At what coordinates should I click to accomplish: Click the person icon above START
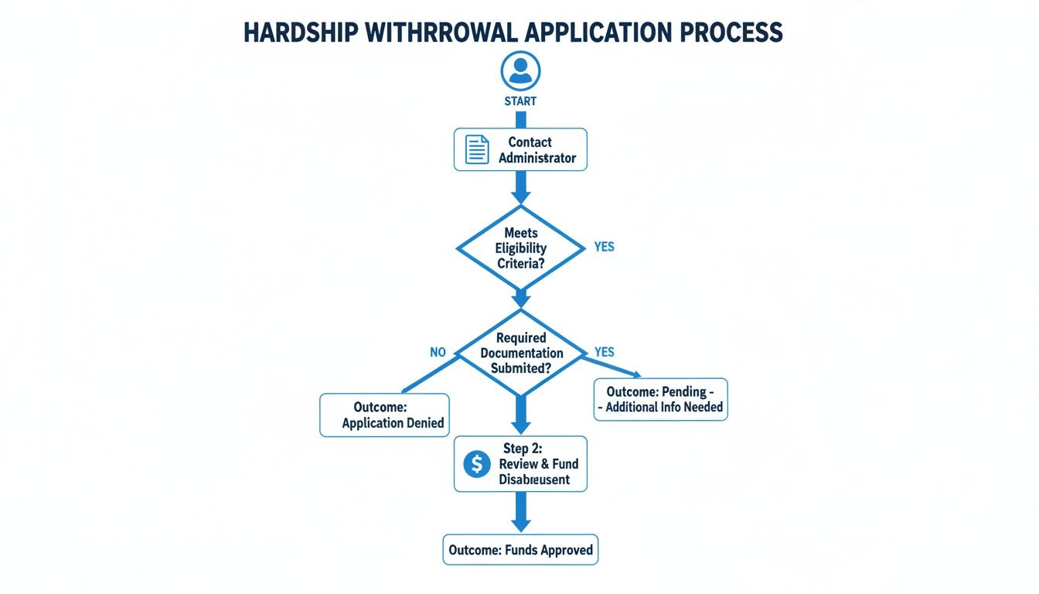(x=520, y=71)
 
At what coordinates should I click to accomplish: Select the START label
(x=520, y=101)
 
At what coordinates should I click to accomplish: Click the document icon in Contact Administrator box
(x=477, y=149)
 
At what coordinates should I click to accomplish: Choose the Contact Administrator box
(x=520, y=150)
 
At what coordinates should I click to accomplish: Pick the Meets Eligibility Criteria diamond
(x=520, y=248)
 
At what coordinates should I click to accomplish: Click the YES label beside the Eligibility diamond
(x=604, y=247)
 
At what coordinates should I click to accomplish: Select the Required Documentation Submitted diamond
(x=520, y=353)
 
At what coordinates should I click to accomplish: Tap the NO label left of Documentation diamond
(x=438, y=352)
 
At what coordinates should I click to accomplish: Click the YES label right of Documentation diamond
(x=604, y=352)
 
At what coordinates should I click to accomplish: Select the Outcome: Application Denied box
(x=384, y=415)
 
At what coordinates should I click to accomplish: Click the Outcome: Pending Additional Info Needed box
(x=660, y=399)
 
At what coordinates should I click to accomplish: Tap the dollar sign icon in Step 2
(x=477, y=464)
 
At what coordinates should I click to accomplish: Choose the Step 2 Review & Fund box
(x=520, y=464)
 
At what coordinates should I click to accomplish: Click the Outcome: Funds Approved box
(x=520, y=550)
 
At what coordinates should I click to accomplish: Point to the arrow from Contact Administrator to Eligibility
(x=520, y=188)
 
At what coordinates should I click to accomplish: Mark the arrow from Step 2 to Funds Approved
(x=520, y=511)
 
